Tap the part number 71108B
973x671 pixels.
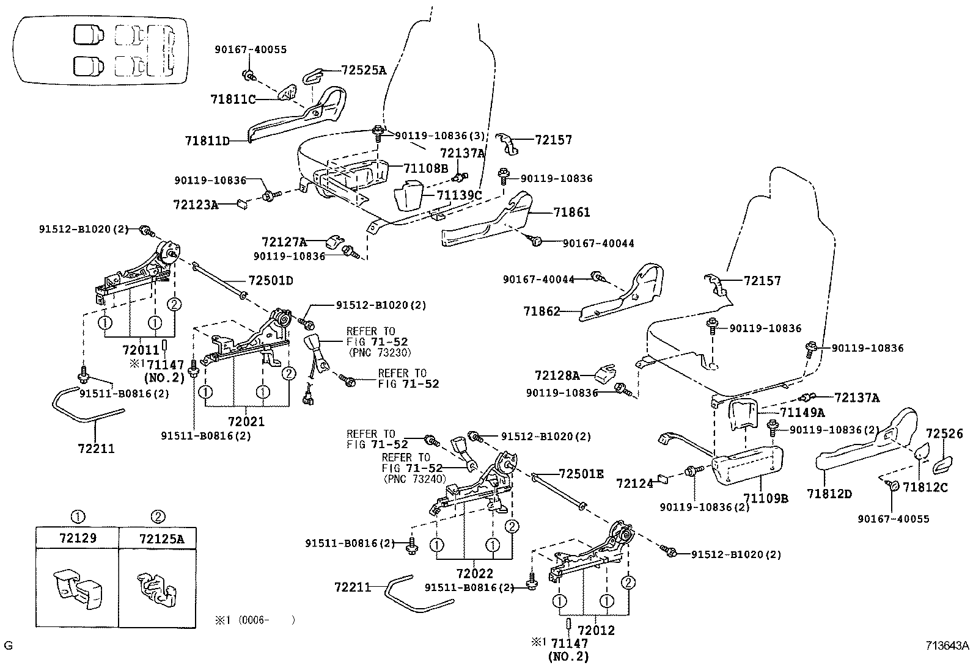pyautogui.click(x=425, y=168)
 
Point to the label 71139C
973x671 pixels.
pyautogui.click(x=459, y=195)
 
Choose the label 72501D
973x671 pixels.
pyautogui.click(x=271, y=281)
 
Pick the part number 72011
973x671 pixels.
pyautogui.click(x=141, y=350)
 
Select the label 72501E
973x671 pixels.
pyautogui.click(x=581, y=474)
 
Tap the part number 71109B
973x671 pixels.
pyautogui.click(x=766, y=498)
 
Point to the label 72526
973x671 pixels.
pyautogui.click(x=944, y=433)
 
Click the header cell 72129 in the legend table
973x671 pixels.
pyautogui.click(x=78, y=539)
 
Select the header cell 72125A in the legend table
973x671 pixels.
pyautogui.click(x=161, y=539)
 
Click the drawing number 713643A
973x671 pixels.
pyautogui.click(x=946, y=645)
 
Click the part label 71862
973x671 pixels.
pyautogui.click(x=542, y=311)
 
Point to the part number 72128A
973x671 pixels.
pyautogui.click(x=557, y=375)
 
